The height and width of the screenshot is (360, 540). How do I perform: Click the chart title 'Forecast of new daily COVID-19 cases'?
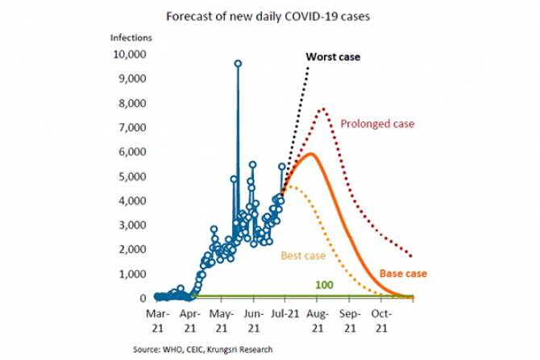(x=267, y=15)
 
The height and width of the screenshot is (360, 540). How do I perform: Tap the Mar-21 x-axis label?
(x=157, y=319)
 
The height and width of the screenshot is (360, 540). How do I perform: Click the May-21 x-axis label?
(x=221, y=319)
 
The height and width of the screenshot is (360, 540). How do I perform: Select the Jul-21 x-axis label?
(x=285, y=319)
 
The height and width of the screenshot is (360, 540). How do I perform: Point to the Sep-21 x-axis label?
(x=349, y=319)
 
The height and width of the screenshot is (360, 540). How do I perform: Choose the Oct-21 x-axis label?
(x=382, y=319)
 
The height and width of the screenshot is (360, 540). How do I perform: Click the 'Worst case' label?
(x=333, y=57)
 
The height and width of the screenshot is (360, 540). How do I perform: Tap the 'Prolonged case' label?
(x=377, y=124)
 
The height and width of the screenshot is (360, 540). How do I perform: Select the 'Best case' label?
(x=302, y=256)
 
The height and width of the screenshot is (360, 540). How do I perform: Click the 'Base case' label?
(x=403, y=273)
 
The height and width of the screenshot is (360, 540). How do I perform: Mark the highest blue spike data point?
(x=238, y=63)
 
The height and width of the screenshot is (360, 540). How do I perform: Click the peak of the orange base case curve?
(x=309, y=153)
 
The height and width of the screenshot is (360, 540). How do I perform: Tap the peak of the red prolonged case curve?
(x=323, y=109)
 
